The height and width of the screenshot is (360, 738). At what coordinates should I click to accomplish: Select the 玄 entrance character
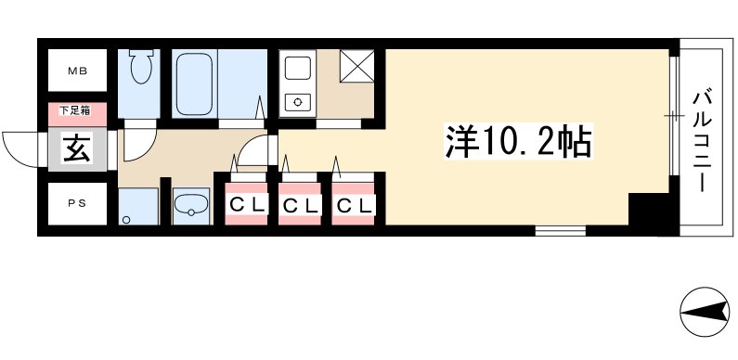77,148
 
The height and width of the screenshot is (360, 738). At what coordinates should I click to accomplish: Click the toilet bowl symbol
142,69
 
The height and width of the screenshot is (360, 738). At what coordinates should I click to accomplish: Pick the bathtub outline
196,83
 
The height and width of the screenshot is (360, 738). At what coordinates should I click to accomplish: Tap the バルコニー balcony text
703,138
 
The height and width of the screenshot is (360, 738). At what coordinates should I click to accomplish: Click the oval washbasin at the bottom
192,206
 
